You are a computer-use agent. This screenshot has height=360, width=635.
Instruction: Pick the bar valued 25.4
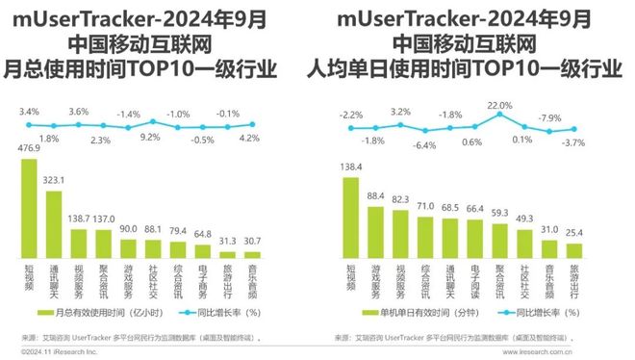point(574,250)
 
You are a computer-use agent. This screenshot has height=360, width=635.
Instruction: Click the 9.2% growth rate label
point(153,139)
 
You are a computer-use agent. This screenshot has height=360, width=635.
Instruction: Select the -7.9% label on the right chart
point(548,117)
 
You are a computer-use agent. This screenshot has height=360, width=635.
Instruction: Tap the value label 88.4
point(376,196)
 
